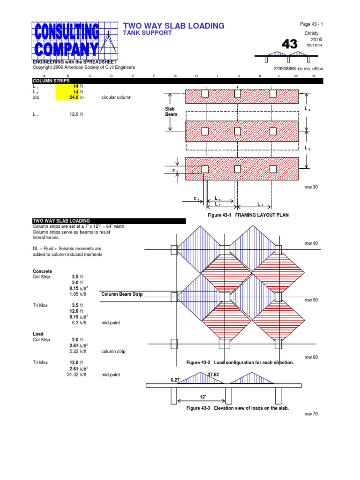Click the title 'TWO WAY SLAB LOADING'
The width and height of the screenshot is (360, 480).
point(173,26)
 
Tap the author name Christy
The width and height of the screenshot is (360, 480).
point(311,34)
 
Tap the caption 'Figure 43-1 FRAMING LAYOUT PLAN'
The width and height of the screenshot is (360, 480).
point(248,215)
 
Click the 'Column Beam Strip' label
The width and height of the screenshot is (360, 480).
point(122,294)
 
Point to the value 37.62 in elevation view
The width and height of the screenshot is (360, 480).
point(213,375)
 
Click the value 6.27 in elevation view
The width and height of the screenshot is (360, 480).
point(175,380)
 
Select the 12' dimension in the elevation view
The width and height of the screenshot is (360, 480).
point(203,397)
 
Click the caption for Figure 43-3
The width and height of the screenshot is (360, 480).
point(237,408)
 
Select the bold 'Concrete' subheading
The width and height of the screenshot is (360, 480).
point(42,271)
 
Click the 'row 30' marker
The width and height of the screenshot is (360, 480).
point(311,187)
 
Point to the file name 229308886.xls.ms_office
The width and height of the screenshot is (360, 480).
point(298,68)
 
